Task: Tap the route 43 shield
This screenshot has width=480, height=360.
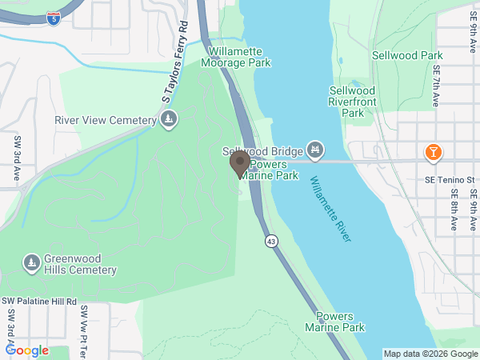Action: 273,241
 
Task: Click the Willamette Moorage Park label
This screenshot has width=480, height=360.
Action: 239,57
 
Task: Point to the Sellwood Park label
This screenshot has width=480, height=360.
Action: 407,55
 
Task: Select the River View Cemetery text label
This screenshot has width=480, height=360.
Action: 104,121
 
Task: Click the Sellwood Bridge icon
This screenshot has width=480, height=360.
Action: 316,149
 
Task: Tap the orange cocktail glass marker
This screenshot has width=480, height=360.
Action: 433,151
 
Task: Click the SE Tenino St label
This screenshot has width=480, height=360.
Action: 449,178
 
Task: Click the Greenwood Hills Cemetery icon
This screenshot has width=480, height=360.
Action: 31,262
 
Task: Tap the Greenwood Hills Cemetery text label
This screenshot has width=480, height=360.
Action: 80,265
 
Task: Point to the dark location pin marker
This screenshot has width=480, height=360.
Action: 239,163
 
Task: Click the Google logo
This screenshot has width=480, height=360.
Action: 27,350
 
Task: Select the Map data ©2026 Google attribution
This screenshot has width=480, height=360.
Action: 430,354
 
